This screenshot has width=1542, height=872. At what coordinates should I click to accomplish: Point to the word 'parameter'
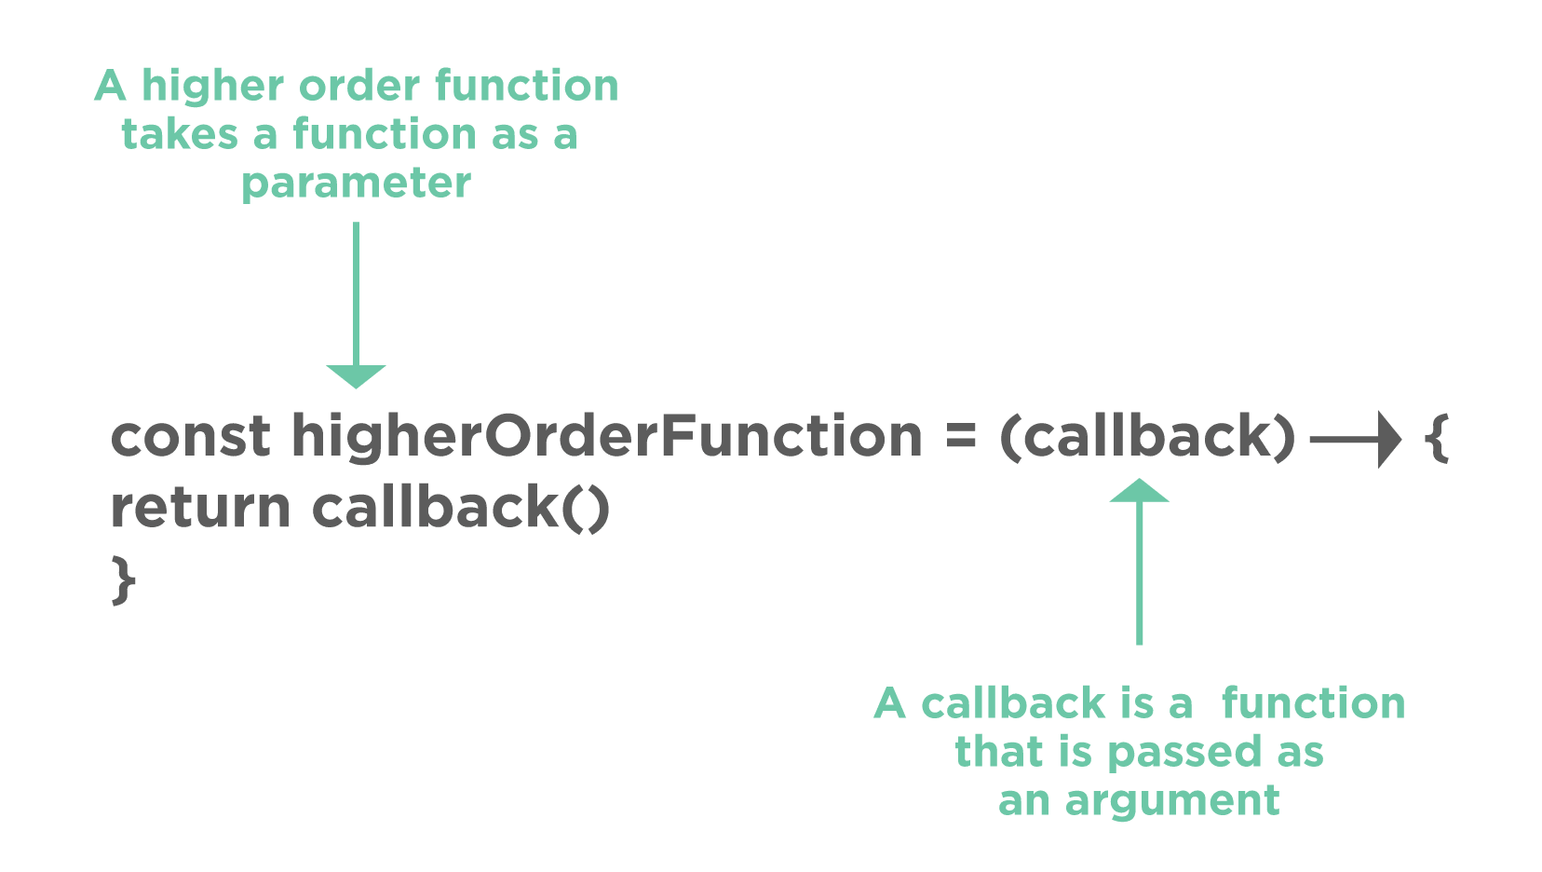[356, 184]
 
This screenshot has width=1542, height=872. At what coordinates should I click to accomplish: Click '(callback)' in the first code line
[1147, 438]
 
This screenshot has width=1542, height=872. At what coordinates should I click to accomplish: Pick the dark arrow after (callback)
[1355, 438]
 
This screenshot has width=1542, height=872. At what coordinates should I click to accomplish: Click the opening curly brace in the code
[1438, 438]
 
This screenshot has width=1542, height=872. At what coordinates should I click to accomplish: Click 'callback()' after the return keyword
[461, 509]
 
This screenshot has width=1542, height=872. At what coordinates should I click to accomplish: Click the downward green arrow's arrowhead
[356, 375]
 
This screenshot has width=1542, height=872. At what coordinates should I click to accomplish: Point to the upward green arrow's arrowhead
[1140, 491]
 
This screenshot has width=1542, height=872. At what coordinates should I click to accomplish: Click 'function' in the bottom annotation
[1313, 703]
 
